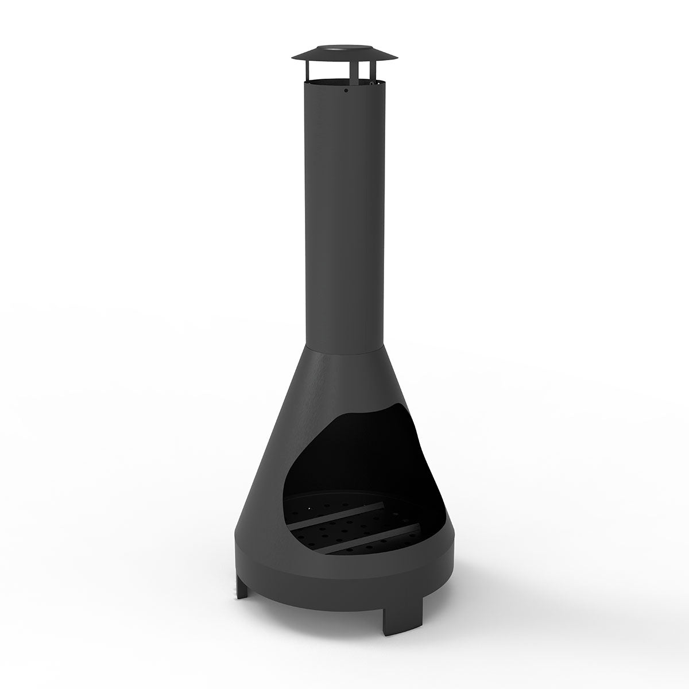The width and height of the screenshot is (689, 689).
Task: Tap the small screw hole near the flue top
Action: (346, 90)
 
